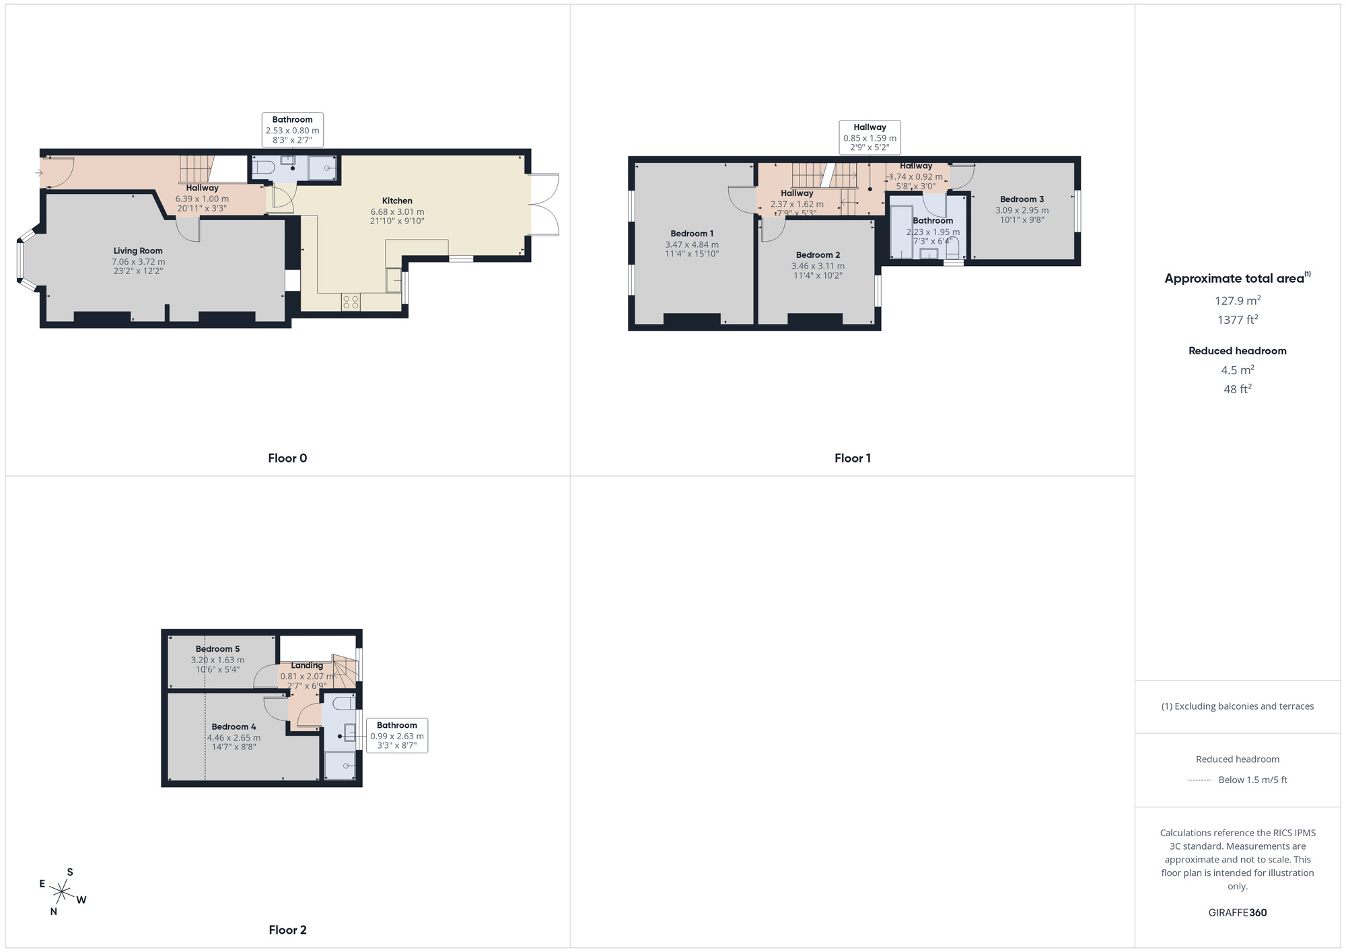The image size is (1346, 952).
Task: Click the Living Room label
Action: pos(138,251)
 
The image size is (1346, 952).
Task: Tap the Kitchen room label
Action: pos(397,201)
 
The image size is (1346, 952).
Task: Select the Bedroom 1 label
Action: pos(692,234)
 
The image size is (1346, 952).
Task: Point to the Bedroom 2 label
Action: pos(818,255)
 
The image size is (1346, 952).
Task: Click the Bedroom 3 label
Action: pos(1022,199)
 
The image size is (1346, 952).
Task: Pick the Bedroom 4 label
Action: pos(234,727)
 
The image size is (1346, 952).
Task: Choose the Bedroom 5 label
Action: pos(217,649)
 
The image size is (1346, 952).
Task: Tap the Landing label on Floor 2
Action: pos(307,666)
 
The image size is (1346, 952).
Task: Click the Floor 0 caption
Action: pos(287,458)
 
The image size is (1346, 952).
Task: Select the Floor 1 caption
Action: pos(852,458)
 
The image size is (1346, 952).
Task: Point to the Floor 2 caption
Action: pos(287,930)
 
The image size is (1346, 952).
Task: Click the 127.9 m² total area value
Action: pos(1237,301)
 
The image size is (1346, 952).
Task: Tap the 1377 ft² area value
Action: pos(1237,320)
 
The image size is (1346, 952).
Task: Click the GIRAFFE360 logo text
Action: pos(1237,913)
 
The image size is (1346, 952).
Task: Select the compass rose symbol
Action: pos(62,893)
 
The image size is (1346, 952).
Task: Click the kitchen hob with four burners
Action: pos(351,302)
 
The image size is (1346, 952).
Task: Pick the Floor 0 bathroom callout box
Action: pos(292,130)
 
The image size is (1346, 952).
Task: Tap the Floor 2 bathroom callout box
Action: pos(397,736)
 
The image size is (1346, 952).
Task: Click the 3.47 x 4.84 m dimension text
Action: pos(692,244)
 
